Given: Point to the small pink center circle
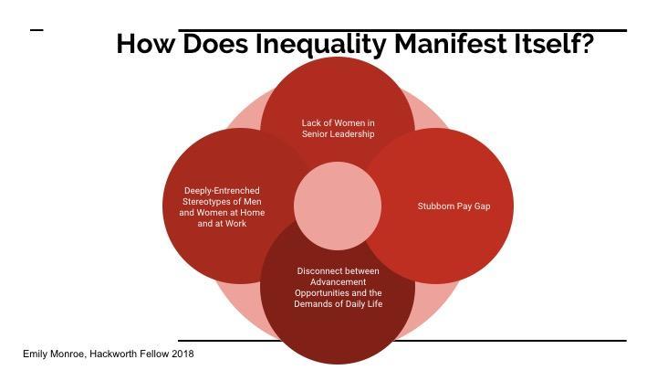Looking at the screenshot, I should (338, 206).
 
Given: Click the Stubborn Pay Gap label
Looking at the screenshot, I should (454, 206).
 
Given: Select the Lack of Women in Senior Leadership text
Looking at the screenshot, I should (338, 128).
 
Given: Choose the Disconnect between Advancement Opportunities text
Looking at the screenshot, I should (338, 287).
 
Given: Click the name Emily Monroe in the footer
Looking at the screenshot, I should (52, 354).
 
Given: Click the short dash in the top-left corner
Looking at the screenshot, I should (36, 30).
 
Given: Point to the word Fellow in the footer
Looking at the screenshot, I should (152, 354).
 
